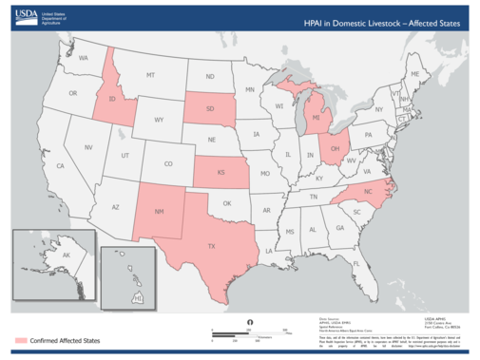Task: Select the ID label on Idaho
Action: click(112, 99)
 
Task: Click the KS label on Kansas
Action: click(221, 174)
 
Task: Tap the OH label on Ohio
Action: click(336, 148)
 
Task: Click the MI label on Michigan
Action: click(315, 119)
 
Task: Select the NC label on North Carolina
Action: click(368, 191)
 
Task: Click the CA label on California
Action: click(59, 167)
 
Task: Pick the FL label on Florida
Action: click(355, 263)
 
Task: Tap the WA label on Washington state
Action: click(83, 59)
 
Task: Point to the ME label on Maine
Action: click(414, 73)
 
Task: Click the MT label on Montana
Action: click(150, 74)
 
